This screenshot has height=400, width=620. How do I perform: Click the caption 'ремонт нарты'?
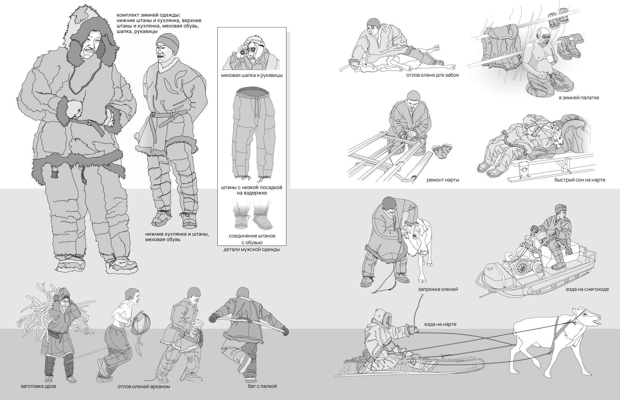(443, 180)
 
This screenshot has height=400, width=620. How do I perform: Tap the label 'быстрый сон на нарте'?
(580, 180)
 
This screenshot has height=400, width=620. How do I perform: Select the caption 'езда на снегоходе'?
(587, 289)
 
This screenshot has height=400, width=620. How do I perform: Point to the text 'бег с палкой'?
(261, 386)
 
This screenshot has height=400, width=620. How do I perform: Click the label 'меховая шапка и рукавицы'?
(252, 75)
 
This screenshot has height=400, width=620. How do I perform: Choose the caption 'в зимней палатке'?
(579, 98)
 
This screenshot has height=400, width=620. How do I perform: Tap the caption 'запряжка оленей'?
(438, 289)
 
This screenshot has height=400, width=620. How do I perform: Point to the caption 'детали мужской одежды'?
(252, 249)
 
